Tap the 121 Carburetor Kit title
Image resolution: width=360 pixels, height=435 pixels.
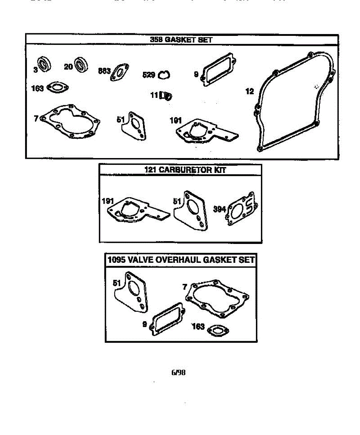180,170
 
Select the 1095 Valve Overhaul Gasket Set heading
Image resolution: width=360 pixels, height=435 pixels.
181,260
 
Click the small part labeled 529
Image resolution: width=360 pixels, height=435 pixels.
165,75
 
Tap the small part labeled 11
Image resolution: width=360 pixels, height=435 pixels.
167,96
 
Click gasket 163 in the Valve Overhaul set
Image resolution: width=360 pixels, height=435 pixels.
217,330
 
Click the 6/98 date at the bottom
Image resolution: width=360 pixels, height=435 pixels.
178,372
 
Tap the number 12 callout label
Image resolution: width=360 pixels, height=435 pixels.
250,91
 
